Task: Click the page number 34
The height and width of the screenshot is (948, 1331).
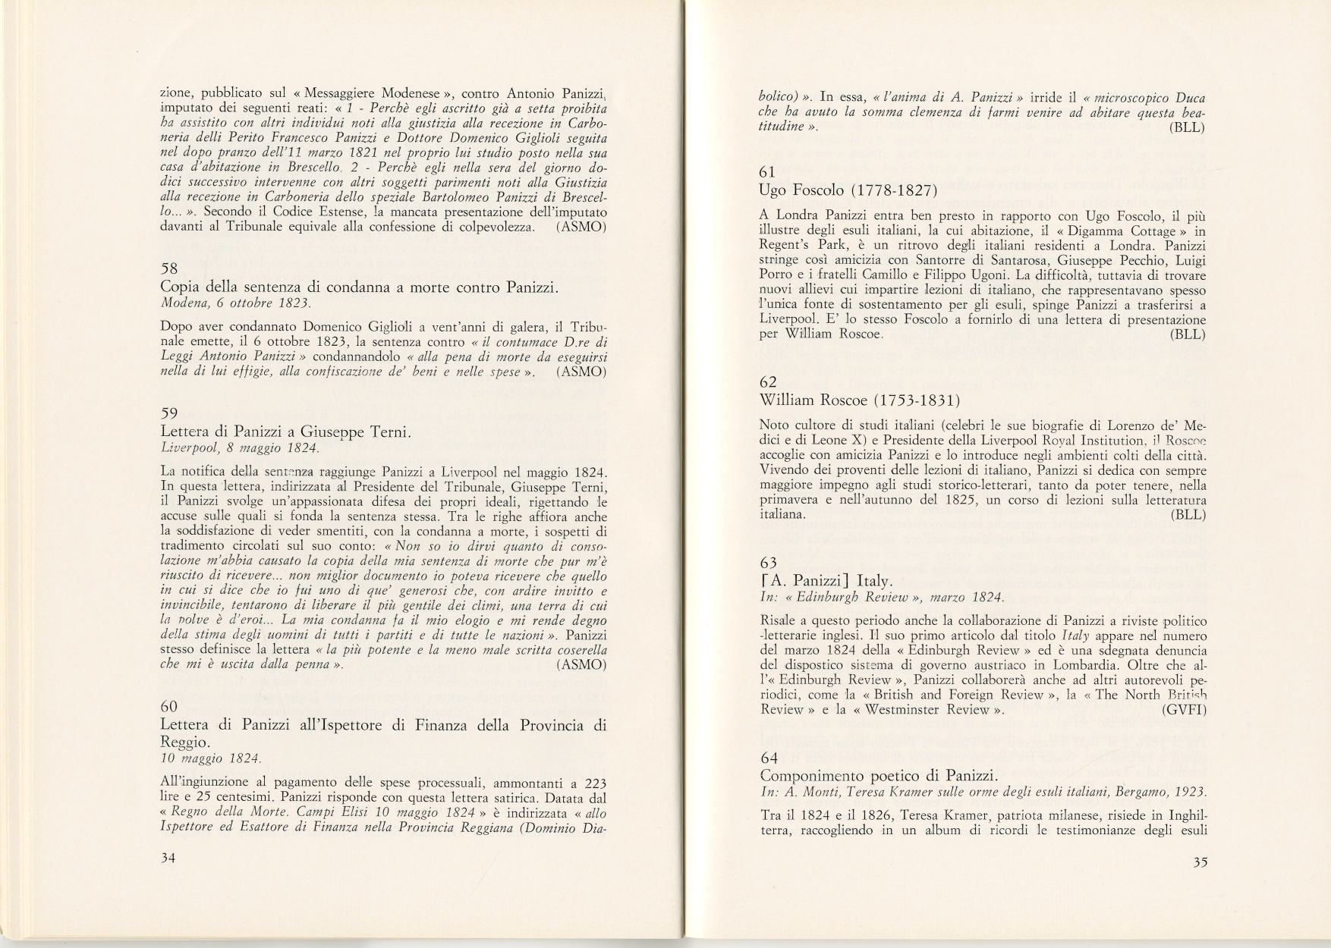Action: (x=169, y=858)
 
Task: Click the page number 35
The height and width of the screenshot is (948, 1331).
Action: (x=1200, y=862)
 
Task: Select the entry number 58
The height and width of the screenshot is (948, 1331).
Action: (x=169, y=269)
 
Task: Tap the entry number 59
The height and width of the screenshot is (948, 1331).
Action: (x=169, y=413)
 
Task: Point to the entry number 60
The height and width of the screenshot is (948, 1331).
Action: (x=169, y=707)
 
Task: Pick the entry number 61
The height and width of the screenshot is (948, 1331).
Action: (x=767, y=171)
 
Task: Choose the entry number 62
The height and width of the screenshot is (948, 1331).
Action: (x=768, y=382)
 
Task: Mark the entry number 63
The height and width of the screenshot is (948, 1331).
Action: (x=768, y=563)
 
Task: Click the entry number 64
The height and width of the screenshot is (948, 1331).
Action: (x=769, y=757)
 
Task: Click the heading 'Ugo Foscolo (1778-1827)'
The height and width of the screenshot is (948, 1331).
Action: (x=848, y=190)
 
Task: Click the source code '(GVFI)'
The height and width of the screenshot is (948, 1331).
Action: (x=1183, y=709)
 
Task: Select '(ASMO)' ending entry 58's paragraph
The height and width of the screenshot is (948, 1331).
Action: (x=581, y=372)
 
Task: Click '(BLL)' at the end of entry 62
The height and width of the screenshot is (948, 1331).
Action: (x=1188, y=514)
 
